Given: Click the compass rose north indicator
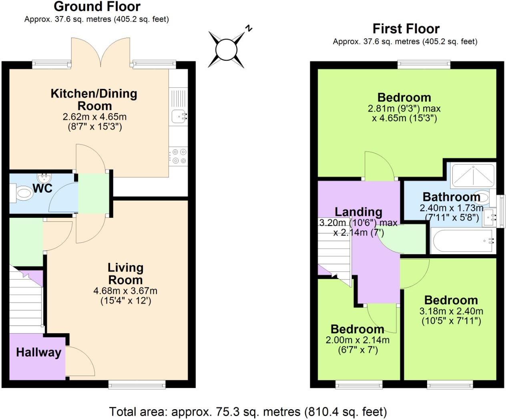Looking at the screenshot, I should tap(227, 50).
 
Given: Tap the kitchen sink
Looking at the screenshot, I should tap(178, 116).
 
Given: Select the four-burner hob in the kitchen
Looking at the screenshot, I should tap(178, 156).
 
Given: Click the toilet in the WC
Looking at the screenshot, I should tap(22, 194).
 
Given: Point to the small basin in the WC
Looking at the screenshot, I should tap(44, 177).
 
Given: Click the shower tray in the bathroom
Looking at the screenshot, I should tap(473, 175).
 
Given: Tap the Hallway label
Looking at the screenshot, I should tap(38, 352).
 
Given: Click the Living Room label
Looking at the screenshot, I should tap(125, 273).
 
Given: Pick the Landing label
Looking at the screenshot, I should tap(358, 211).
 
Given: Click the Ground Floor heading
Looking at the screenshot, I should tap(97, 6).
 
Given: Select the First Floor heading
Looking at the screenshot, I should tap(406, 29).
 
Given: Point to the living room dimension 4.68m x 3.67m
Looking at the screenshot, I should tap(125, 291).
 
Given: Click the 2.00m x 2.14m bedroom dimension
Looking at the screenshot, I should tap(357, 340).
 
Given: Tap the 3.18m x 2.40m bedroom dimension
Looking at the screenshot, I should tap(451, 311).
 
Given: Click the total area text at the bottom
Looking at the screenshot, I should tap(248, 412).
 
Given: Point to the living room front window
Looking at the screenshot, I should tap(137, 384).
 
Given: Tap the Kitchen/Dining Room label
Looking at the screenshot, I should tap(94, 99).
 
